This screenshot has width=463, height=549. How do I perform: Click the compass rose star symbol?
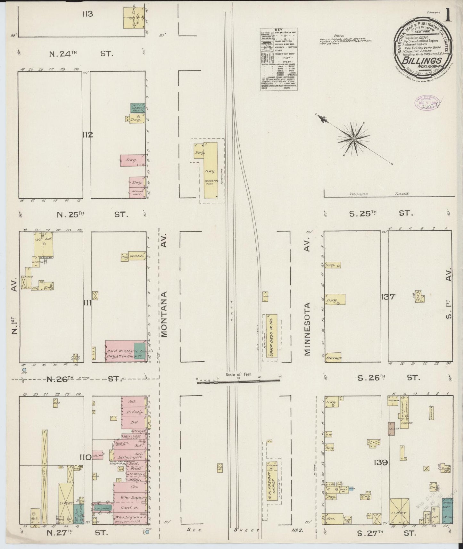click(x=354, y=139)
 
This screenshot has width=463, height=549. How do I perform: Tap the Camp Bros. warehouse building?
click(x=271, y=337)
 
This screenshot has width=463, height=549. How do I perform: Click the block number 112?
click(x=87, y=135)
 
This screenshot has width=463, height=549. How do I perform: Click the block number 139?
click(x=381, y=463)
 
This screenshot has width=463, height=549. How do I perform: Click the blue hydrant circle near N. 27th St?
click(x=147, y=532)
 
